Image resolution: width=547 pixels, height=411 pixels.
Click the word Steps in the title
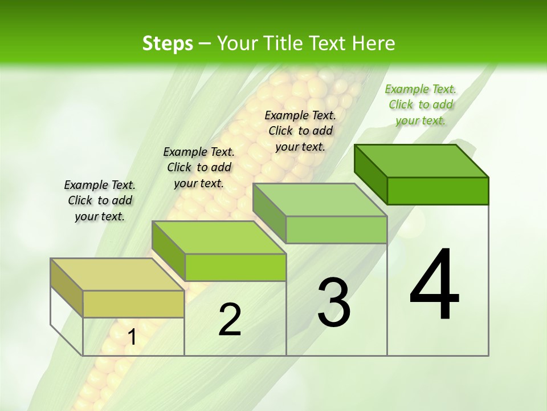pyautogui.click(x=168, y=43)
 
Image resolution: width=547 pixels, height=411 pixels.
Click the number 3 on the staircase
pyautogui.click(x=334, y=302)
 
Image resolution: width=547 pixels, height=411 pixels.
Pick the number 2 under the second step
pyautogui.click(x=230, y=320)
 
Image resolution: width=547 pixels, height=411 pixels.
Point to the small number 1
pyautogui.click(x=132, y=337)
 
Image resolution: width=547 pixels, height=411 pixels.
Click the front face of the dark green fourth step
pyautogui.click(x=438, y=191)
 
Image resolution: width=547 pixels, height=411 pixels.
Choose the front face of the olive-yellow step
pyautogui.click(x=133, y=304)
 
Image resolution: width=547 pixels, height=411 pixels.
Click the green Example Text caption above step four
pyautogui.click(x=421, y=104)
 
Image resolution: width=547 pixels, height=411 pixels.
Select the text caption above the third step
pyautogui.click(x=300, y=131)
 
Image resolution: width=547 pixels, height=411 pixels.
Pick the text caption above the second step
pyautogui.click(x=199, y=167)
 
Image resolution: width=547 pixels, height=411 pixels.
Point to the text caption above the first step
pyautogui.click(x=100, y=200)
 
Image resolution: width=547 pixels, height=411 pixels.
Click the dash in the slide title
pyautogui.click(x=205, y=43)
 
